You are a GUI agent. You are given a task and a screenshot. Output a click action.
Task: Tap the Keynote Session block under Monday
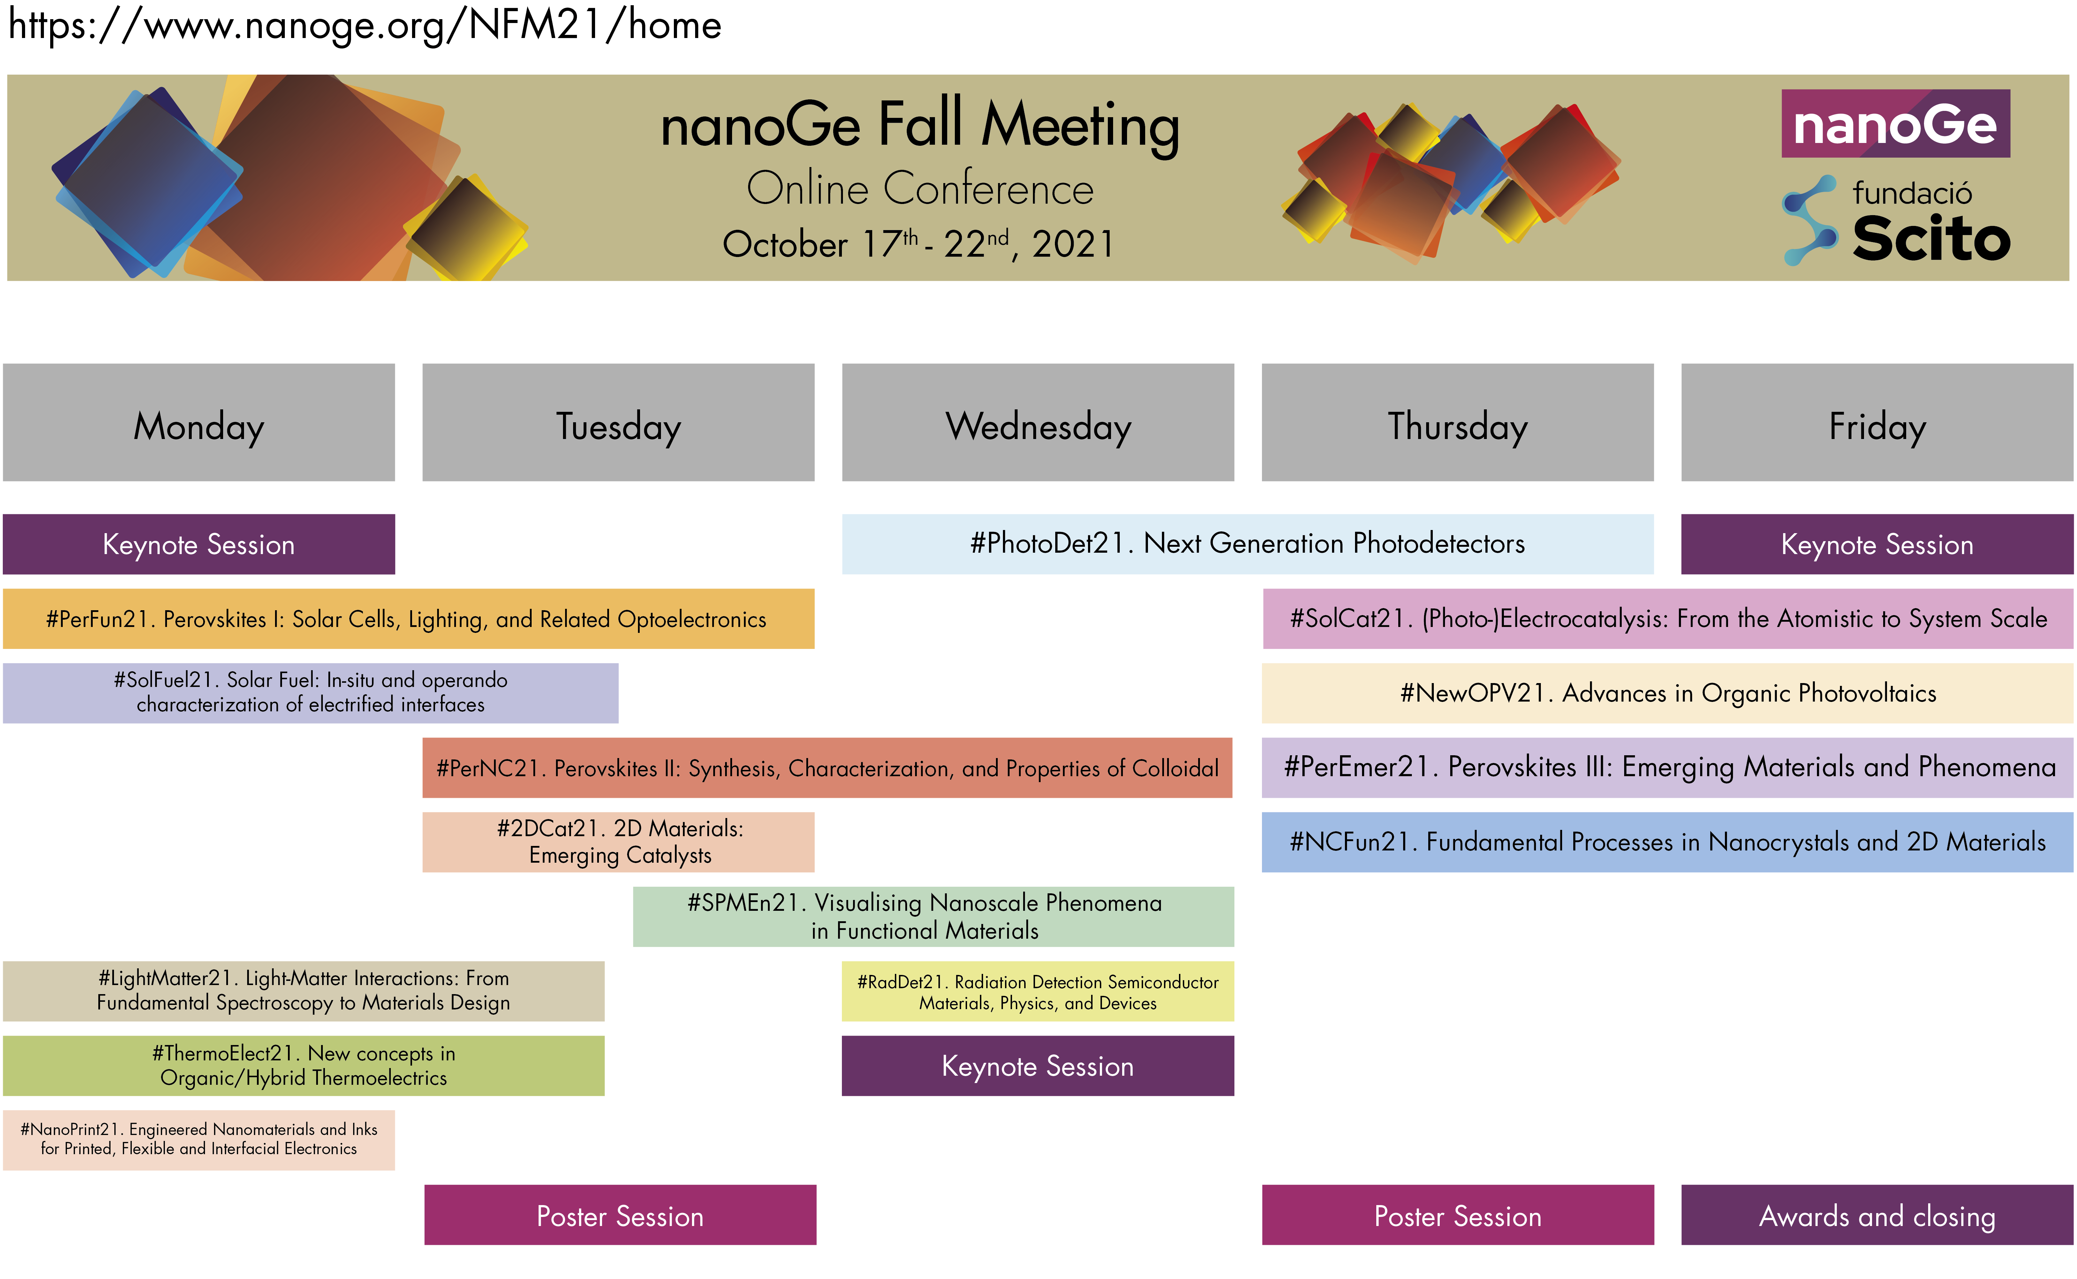coord(199,544)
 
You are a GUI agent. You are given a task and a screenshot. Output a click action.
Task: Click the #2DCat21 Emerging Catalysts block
coord(618,842)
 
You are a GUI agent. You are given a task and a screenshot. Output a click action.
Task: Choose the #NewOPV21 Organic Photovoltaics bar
coord(1668,693)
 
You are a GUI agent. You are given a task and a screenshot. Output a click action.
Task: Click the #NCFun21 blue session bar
coord(1668,842)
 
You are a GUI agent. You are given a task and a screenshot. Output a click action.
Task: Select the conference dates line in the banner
coord(919,244)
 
